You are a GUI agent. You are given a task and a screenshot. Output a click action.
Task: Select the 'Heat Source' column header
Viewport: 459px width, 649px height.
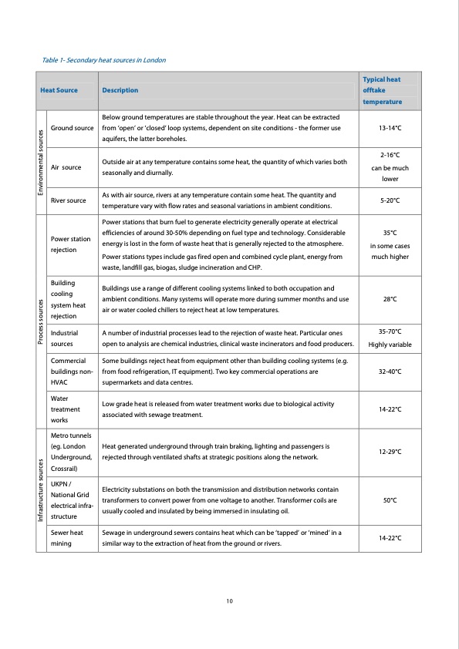[x=59, y=90]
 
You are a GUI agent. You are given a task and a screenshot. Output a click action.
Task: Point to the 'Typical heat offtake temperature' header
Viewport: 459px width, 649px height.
[x=382, y=90]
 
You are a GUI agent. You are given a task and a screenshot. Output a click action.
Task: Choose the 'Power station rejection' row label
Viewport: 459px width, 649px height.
[x=69, y=244]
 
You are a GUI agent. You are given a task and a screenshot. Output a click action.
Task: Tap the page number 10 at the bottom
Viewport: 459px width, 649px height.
[x=229, y=600]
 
